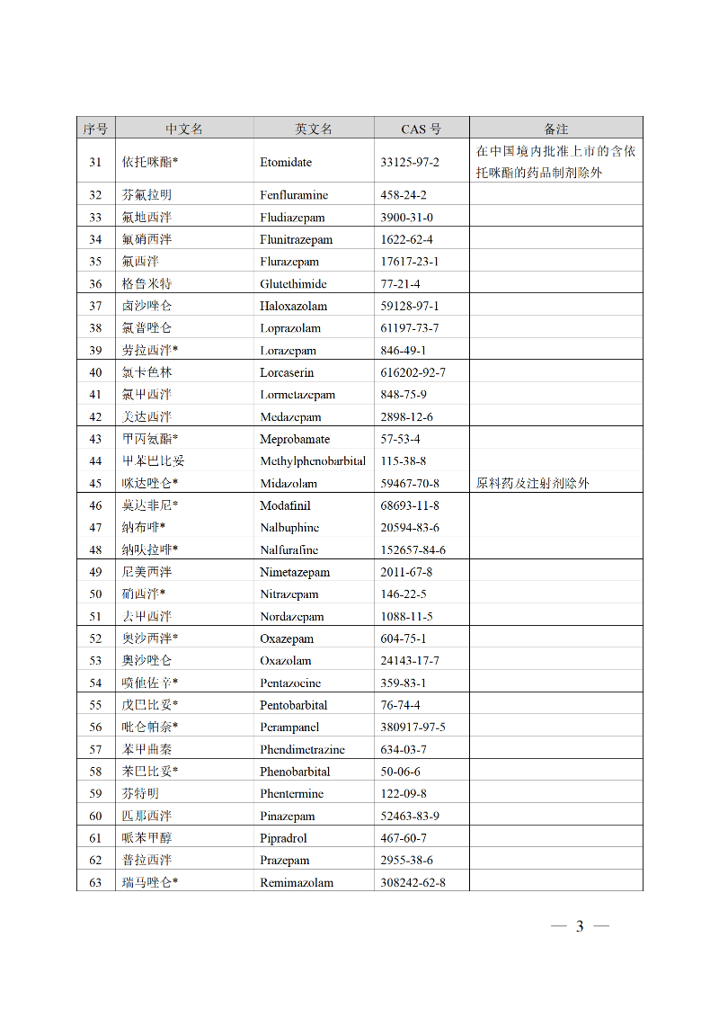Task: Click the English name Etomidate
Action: tap(286, 162)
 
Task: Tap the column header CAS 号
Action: tap(421, 129)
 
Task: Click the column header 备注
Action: tap(555, 129)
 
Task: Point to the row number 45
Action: tap(95, 483)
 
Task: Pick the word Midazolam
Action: tap(288, 483)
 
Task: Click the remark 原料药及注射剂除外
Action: tap(532, 483)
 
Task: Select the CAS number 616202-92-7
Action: tap(413, 372)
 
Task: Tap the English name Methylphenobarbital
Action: tap(313, 460)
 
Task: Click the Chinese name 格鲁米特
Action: tap(146, 284)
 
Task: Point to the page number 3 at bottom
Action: tap(580, 926)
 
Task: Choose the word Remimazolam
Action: tap(297, 882)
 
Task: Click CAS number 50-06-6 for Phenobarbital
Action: tap(400, 772)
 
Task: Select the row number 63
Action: tap(95, 882)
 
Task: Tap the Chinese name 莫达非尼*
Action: tap(150, 505)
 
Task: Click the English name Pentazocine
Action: tap(290, 683)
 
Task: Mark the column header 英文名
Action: tap(314, 129)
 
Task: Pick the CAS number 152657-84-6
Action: tap(413, 549)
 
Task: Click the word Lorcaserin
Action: tap(287, 372)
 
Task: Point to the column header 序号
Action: tap(95, 129)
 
